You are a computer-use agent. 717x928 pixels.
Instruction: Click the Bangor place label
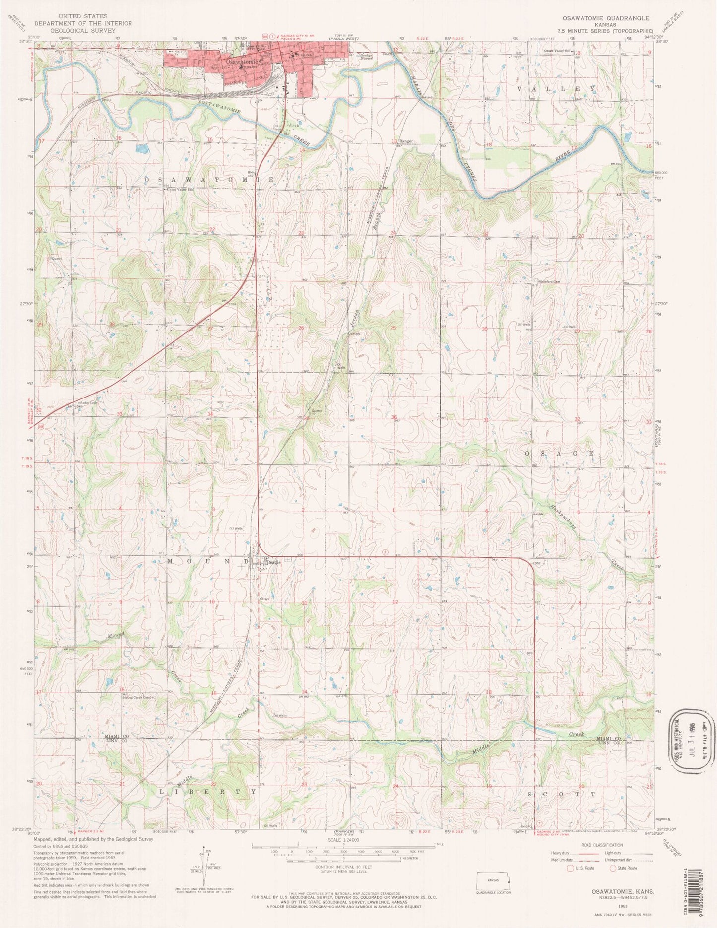click(x=406, y=141)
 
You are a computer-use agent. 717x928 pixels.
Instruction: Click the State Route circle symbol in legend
click(x=613, y=868)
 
